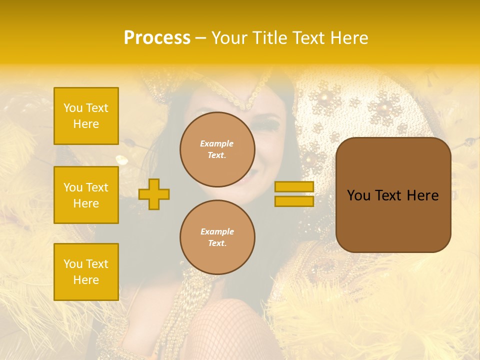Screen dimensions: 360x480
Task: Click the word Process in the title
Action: point(157,38)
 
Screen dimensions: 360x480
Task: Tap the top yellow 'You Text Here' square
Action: point(86,116)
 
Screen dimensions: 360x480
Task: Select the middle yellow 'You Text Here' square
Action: point(86,195)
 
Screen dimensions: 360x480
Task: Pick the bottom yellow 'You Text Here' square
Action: point(86,272)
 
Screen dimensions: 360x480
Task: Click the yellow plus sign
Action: point(154,194)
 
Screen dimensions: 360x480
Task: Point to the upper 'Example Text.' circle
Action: point(217,149)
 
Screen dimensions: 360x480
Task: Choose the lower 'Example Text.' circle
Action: point(217,237)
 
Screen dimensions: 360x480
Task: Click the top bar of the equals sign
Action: point(294,186)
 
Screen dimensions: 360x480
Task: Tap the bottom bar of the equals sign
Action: point(294,201)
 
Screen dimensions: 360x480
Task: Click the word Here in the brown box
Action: point(422,195)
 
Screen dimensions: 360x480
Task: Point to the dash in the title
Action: point(201,38)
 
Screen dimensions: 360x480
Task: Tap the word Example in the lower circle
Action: point(217,231)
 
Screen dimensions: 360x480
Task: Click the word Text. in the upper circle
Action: point(217,155)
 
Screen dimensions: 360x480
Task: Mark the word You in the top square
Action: point(72,108)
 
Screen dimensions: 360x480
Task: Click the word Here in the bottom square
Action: point(86,280)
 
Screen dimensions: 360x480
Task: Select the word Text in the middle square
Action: point(96,187)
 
